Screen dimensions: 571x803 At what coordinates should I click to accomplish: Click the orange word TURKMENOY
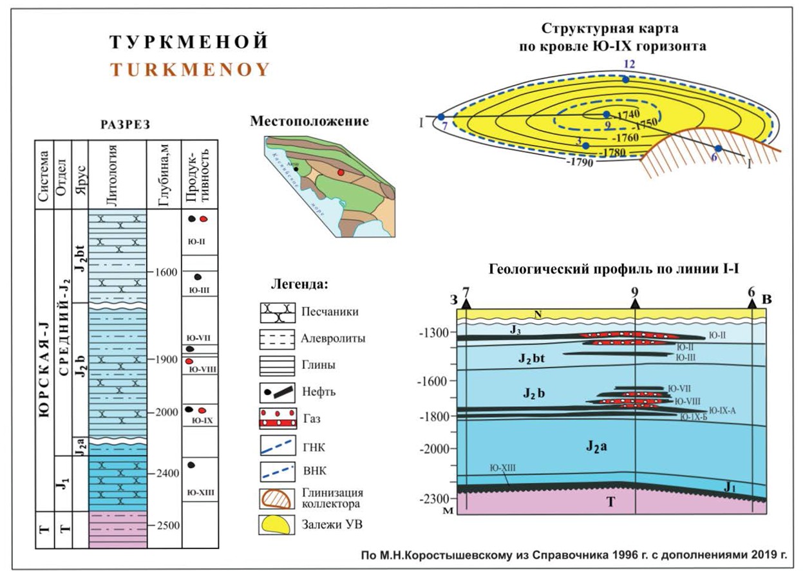click(x=190, y=70)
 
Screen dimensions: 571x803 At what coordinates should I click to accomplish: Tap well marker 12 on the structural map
click(x=625, y=79)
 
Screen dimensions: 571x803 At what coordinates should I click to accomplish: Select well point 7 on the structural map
click(x=441, y=117)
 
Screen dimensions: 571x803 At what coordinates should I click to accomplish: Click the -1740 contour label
click(x=623, y=113)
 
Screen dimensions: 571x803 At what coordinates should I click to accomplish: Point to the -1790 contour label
click(x=580, y=162)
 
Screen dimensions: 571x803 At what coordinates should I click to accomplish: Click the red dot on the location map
click(x=341, y=173)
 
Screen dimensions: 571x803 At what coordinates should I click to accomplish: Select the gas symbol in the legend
click(x=278, y=418)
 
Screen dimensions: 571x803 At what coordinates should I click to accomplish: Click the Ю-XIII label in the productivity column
click(x=200, y=494)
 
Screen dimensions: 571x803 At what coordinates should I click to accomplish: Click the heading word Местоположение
click(x=310, y=121)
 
